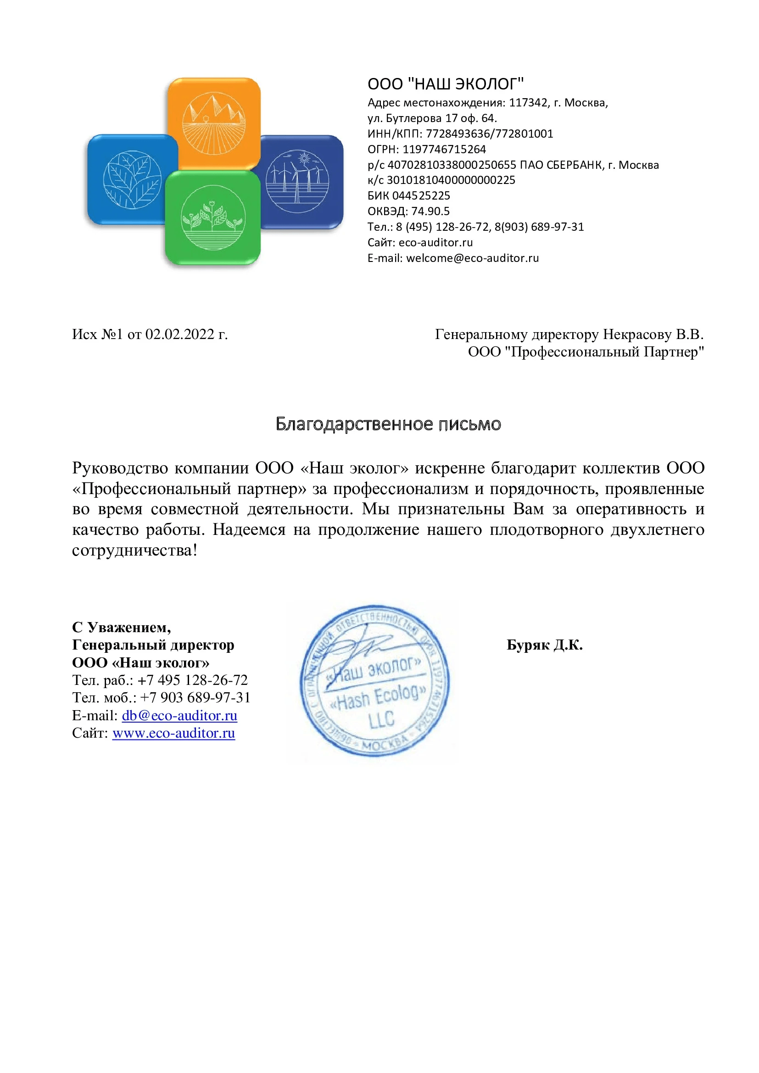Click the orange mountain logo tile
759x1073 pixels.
pos(213,122)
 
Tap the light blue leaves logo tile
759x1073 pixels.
pos(132,179)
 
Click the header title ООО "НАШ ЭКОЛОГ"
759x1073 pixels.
pos(446,84)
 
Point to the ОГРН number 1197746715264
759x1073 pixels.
pos(444,149)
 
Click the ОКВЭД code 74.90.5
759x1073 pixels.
pos(430,211)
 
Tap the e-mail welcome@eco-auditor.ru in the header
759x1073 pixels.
pos(472,258)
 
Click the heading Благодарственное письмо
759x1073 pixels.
pos(388,424)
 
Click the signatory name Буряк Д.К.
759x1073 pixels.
pos(545,645)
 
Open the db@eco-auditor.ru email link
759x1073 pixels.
pos(179,716)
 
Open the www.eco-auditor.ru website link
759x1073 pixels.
pos(173,733)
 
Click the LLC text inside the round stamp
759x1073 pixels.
pos(381,719)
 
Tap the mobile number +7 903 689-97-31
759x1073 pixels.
pos(195,697)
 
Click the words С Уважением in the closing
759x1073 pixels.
pos(121,627)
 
